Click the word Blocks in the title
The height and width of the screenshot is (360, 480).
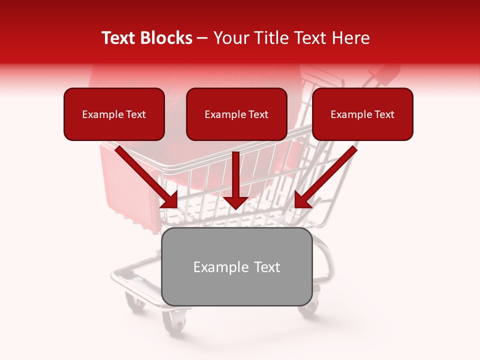166,38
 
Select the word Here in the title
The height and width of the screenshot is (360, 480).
350,38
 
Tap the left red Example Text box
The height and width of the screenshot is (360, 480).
114,114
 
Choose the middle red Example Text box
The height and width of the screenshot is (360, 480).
236,114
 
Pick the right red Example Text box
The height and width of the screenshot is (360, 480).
362,114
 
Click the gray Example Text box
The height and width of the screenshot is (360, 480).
236,267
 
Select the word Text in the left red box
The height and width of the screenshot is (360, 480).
136,114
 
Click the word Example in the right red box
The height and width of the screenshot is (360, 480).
349,114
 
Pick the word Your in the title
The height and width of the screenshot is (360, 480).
228,38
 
